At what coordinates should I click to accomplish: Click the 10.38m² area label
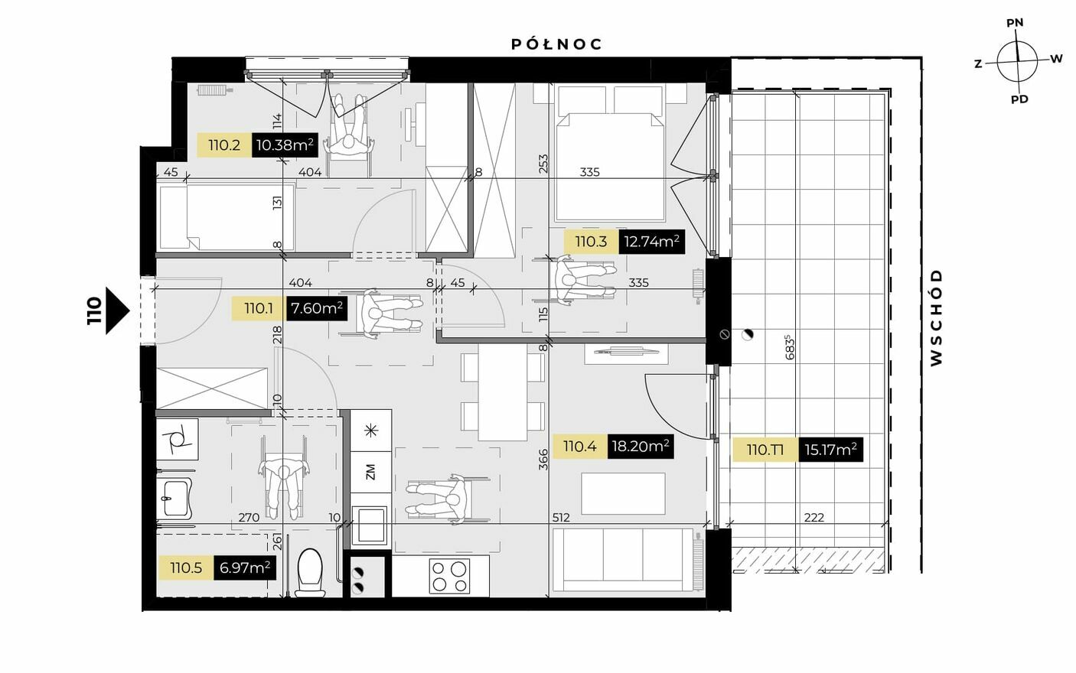[x=285, y=145]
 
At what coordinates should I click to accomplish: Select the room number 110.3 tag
[x=591, y=242]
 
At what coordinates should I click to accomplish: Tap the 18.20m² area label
[x=641, y=447]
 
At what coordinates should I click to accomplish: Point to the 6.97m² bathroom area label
[x=244, y=568]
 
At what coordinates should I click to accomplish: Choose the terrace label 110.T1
[x=765, y=450]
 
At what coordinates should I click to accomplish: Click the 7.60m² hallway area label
[x=317, y=308]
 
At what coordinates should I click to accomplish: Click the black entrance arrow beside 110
[x=117, y=311]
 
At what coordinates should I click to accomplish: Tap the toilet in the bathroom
[x=310, y=573]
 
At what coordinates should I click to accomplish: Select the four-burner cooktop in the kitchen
[x=449, y=576]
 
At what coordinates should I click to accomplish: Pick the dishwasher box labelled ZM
[x=370, y=472]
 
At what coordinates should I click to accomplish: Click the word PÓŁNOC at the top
[x=556, y=44]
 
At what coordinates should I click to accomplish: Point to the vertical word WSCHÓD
[x=936, y=318]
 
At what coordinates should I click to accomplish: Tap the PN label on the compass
[x=1015, y=23]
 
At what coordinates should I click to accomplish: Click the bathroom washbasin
[x=174, y=497]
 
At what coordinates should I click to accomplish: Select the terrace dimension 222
[x=814, y=518]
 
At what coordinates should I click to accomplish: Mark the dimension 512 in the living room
[x=561, y=518]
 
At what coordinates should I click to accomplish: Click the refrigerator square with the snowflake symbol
[x=370, y=431]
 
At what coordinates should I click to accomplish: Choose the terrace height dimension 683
[x=791, y=346]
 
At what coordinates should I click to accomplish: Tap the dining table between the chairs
[x=503, y=392]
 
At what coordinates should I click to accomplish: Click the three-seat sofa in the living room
[x=622, y=560]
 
